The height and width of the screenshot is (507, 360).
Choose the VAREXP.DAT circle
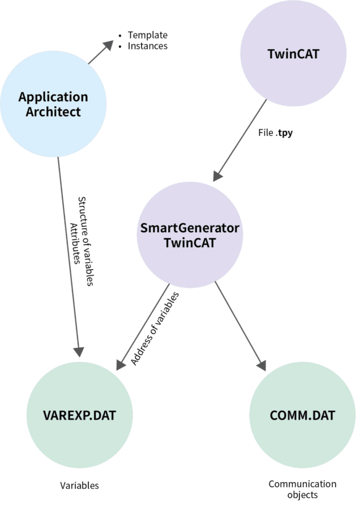pos(79,415)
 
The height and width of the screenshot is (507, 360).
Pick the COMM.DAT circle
pos(302,415)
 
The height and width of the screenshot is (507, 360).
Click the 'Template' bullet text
pos(147,35)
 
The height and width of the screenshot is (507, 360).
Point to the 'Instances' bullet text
pos(147,46)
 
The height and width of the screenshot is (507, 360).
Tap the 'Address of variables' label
pos(155,329)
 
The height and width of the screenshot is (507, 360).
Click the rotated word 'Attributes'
pos(75,241)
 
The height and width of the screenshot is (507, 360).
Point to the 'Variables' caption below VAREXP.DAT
pos(79,485)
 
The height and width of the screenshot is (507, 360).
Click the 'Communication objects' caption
pos(302,489)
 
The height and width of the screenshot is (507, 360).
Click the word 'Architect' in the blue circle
pos(53,111)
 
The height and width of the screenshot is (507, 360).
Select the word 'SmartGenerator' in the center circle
pos(190,229)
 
